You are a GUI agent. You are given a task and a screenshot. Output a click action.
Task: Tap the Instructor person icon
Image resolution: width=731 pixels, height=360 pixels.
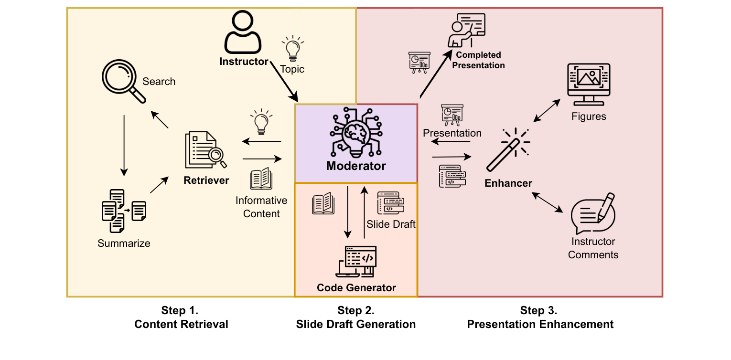click(x=243, y=32)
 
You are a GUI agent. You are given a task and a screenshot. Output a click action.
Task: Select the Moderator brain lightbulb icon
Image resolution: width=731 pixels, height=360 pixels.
click(x=356, y=132)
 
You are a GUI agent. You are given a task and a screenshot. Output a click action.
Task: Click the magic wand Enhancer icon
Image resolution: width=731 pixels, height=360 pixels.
click(x=508, y=149)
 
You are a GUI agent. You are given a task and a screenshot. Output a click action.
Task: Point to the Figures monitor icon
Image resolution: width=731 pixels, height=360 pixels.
click(x=589, y=85)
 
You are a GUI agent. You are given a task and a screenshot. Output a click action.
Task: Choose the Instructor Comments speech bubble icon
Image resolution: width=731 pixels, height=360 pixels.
click(x=593, y=213)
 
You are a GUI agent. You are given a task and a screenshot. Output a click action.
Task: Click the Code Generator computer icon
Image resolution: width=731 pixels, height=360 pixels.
click(x=356, y=262)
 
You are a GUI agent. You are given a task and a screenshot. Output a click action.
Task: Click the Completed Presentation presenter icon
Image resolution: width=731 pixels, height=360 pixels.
click(x=466, y=30)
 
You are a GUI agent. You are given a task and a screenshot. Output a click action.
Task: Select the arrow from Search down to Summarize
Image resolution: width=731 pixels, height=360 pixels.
click(x=124, y=146)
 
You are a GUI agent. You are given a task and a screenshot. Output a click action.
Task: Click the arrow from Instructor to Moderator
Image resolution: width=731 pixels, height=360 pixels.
click(x=284, y=82)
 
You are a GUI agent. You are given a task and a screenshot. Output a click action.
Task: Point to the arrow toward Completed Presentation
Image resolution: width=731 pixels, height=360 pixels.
click(x=436, y=74)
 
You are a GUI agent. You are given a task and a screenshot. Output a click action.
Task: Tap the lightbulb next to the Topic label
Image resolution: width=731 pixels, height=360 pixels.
click(x=293, y=48)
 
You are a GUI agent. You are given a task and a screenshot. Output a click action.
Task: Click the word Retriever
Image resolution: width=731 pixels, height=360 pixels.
click(x=206, y=180)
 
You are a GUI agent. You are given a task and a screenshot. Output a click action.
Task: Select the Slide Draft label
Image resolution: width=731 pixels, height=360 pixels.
click(x=391, y=224)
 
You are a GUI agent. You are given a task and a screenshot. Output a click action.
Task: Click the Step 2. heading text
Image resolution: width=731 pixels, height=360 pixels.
click(x=356, y=310)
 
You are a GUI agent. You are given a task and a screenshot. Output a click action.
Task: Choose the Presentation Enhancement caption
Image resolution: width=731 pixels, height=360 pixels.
click(x=540, y=325)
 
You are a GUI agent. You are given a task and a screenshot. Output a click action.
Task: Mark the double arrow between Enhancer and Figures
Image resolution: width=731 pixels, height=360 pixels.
click(x=547, y=111)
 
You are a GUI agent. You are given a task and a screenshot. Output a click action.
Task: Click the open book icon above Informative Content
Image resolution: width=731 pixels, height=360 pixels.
click(x=261, y=179)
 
